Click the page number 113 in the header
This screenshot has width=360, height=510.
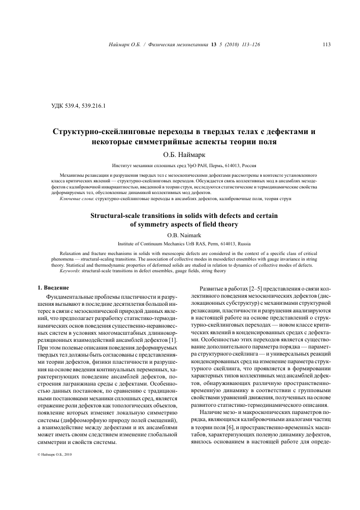(327, 45)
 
